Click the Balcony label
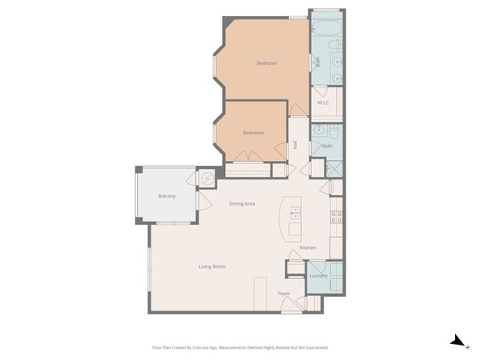coord(167,196)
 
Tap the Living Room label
coord(212,266)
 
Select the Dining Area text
coord(242,204)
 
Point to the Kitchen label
coord(308,248)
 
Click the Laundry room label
coord(318,276)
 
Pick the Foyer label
coord(283,294)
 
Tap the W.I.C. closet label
coord(323,103)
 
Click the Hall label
coord(295,145)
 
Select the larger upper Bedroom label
coord(267,63)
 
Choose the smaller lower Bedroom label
coord(253,133)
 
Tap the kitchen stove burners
coord(336,218)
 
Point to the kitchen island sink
coord(295,213)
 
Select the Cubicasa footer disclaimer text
coord(240,347)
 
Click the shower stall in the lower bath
coord(334,169)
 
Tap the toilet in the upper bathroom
coord(335,44)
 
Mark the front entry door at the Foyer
coord(292,304)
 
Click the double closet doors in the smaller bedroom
coord(248,156)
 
